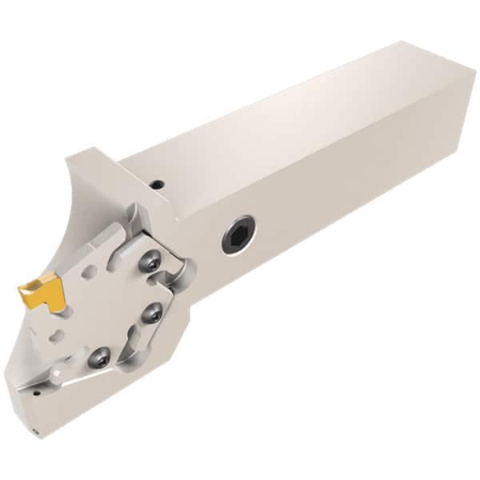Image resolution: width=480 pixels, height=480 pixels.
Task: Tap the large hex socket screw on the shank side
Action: coord(238,235)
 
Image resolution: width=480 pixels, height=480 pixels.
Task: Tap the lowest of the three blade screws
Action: coord(99,357)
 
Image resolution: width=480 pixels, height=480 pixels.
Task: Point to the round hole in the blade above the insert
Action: coord(90,272)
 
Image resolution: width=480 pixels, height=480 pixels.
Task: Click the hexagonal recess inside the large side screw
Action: coord(238,235)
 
